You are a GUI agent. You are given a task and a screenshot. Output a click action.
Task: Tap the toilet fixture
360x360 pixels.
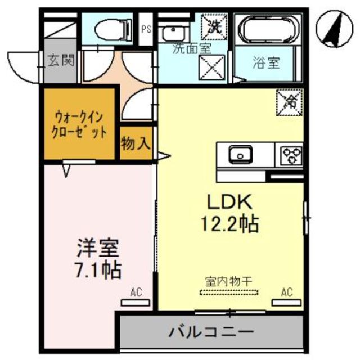pyautogui.click(x=107, y=28)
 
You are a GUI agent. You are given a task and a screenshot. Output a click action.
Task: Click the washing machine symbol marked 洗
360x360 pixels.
pyautogui.click(x=214, y=25)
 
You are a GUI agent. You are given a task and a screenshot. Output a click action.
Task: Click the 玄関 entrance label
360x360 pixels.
pyautogui.click(x=61, y=60)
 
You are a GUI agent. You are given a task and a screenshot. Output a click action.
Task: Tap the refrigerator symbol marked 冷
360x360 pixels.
pyautogui.click(x=291, y=102)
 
